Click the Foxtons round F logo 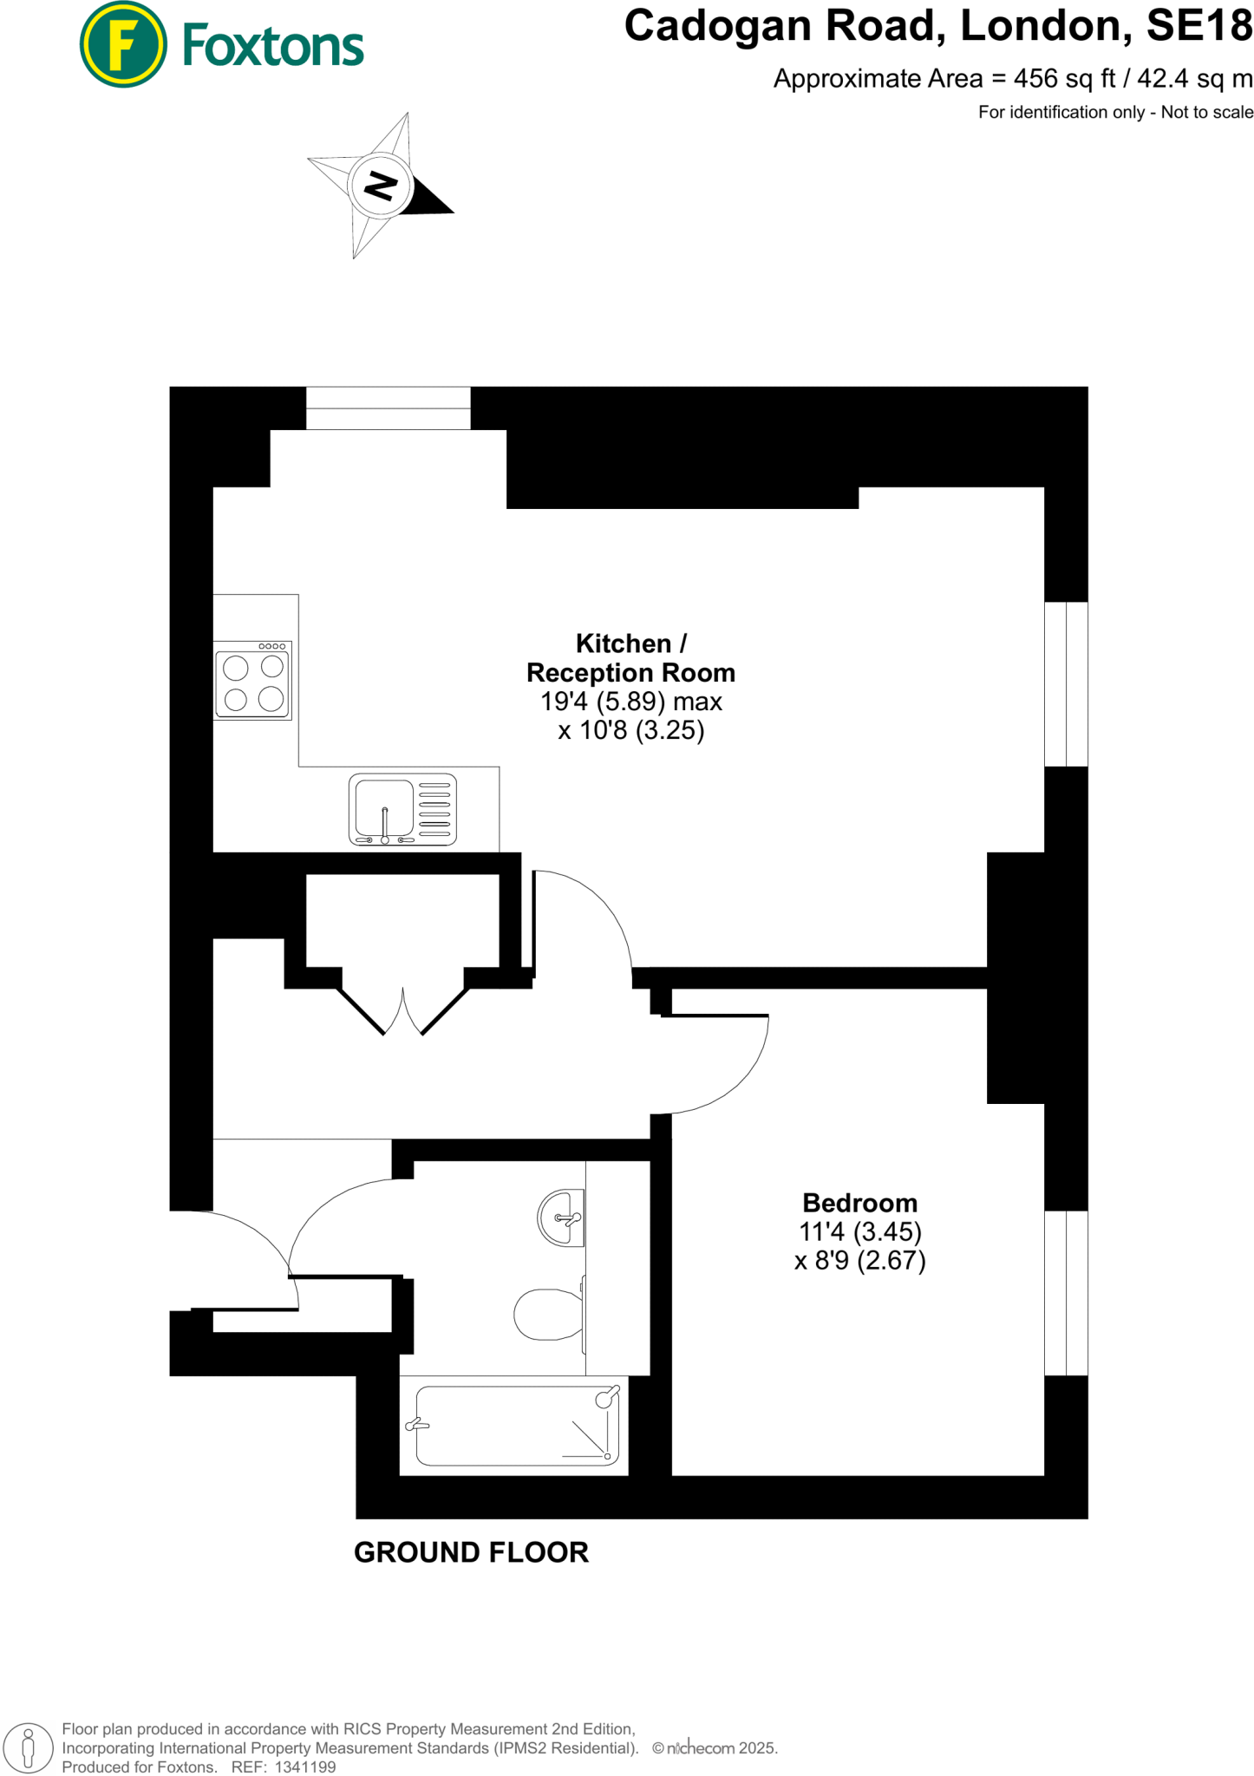click(123, 45)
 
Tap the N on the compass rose click(380, 185)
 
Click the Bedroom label click(859, 1203)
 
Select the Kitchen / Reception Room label click(630, 658)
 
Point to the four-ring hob click(252, 681)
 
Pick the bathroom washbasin click(561, 1218)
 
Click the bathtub click(514, 1426)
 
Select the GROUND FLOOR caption click(471, 1552)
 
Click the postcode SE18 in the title click(1199, 26)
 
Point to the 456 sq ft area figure click(1065, 79)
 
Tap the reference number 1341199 click(305, 1767)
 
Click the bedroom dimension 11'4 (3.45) click(859, 1231)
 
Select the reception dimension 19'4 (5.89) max click(630, 701)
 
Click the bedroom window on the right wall click(1066, 1292)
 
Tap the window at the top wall click(388, 408)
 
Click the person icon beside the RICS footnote click(28, 1747)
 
